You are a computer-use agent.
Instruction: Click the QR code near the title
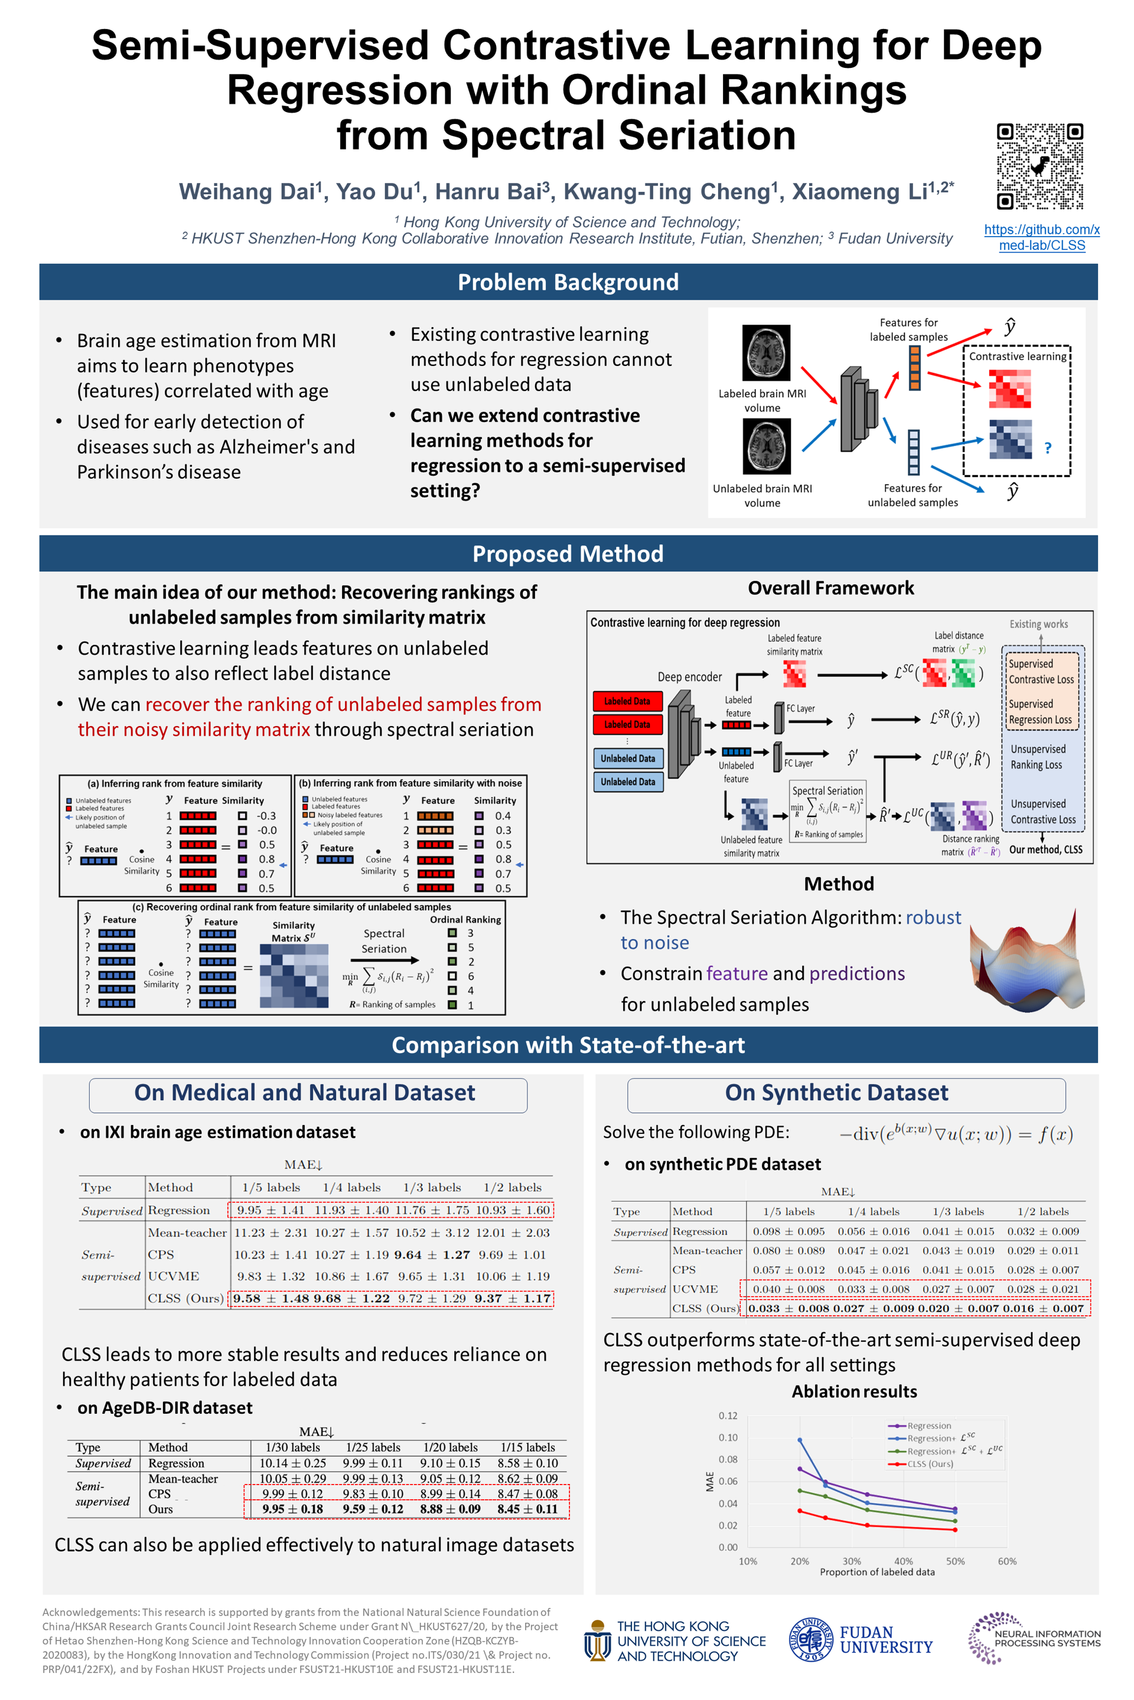(x=1039, y=166)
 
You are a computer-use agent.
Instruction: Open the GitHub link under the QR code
(x=1041, y=237)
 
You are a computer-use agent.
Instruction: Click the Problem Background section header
(x=568, y=282)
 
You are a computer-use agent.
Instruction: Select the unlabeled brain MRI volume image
(x=767, y=447)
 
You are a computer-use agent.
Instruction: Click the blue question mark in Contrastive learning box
(x=1048, y=448)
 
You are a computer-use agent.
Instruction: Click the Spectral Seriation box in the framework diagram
(x=827, y=812)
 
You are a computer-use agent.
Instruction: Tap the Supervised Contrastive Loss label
(x=1041, y=672)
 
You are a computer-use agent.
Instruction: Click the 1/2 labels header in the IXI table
(x=512, y=1187)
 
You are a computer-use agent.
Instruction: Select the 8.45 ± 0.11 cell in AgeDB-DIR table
(x=527, y=1509)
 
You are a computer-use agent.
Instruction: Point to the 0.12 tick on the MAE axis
(x=728, y=1415)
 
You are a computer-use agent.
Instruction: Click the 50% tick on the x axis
(x=954, y=1561)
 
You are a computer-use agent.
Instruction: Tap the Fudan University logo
(x=861, y=1639)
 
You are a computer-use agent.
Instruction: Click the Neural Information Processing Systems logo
(x=1034, y=1638)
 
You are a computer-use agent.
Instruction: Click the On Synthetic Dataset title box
(x=836, y=1092)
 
